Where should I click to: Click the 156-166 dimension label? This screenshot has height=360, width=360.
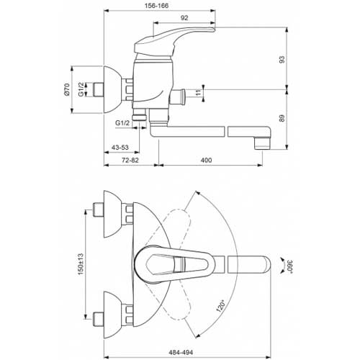pyautogui.click(x=156, y=6)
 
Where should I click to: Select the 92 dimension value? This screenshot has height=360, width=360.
pyautogui.click(x=184, y=18)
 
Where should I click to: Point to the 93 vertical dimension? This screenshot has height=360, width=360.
pyautogui.click(x=282, y=59)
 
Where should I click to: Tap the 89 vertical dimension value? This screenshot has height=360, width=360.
pyautogui.click(x=282, y=118)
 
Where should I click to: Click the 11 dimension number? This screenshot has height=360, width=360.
pyautogui.click(x=198, y=93)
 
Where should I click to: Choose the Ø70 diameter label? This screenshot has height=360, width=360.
pyautogui.click(x=66, y=90)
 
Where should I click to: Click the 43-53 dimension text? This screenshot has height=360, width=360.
pyautogui.click(x=120, y=148)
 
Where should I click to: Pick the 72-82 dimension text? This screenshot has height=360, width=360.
pyautogui.click(x=130, y=160)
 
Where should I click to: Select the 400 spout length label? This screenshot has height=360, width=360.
pyautogui.click(x=206, y=160)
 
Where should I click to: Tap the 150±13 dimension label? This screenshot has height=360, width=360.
pyautogui.click(x=81, y=264)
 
